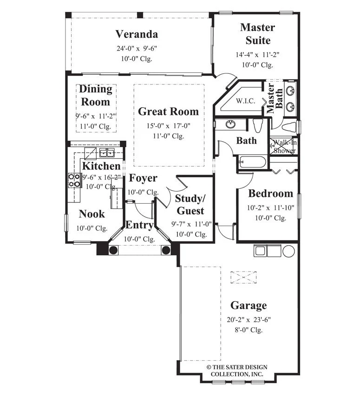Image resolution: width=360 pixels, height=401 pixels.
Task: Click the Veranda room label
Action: click(137, 34)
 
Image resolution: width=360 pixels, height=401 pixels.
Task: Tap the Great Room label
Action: click(168, 111)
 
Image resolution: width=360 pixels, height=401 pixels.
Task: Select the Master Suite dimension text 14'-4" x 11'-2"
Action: click(257, 54)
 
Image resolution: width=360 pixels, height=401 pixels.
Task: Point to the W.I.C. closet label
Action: click(245, 101)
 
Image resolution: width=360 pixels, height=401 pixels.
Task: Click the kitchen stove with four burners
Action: click(74, 180)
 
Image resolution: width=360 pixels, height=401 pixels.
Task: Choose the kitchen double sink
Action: click(107, 153)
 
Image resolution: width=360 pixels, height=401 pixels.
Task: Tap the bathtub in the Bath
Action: click(253, 162)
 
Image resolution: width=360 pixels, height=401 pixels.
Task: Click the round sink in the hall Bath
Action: click(231, 124)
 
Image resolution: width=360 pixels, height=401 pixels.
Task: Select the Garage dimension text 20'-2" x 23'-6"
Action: click(249, 319)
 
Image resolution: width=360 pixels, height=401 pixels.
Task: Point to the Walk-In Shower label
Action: click(284, 146)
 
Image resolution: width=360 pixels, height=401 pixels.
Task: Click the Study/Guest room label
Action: click(190, 205)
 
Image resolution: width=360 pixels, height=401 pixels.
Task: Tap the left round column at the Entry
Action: click(113, 250)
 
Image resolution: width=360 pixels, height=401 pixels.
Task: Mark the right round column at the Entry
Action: click(166, 250)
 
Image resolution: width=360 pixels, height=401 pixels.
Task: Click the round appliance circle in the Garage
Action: click(288, 251)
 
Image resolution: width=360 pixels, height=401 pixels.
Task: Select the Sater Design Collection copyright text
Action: click(237, 370)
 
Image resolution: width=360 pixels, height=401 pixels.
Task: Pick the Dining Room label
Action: click(96, 95)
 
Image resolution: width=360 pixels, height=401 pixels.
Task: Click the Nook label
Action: click(92, 214)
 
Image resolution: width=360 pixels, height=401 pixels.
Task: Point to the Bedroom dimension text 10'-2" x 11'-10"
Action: click(270, 207)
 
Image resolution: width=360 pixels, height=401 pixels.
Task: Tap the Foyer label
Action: click(143, 178)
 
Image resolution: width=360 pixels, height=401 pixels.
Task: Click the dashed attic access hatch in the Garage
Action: click(243, 277)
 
